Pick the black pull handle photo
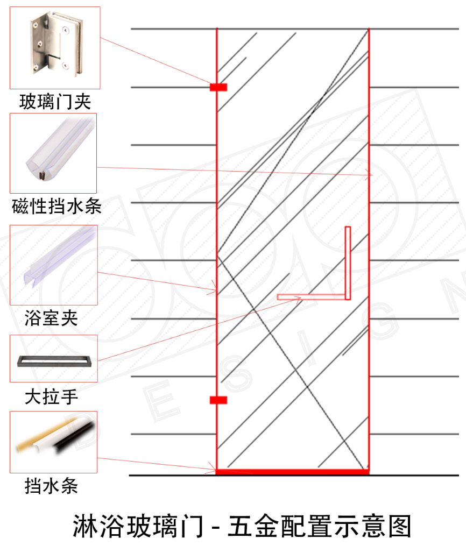pos(53,359)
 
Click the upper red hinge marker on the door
pos(218,87)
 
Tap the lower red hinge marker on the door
pos(218,400)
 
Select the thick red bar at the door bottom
pos(292,472)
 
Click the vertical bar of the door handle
pos(348,263)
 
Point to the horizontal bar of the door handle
pos(312,297)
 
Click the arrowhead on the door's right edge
pos(370,175)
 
